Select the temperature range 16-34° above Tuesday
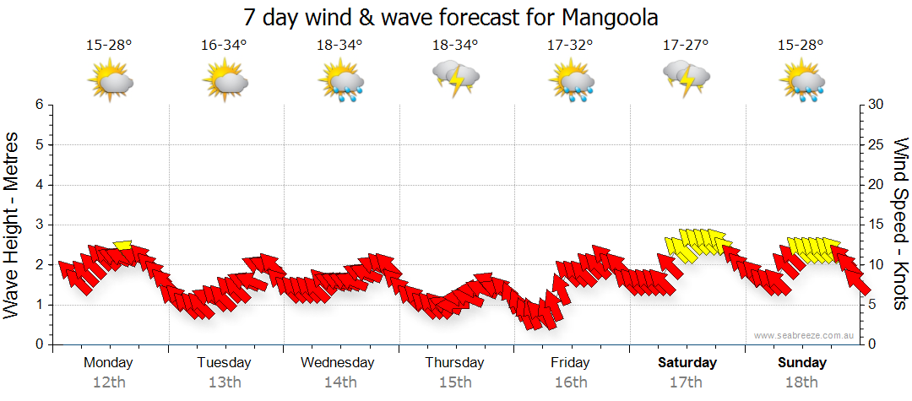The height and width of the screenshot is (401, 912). [x=224, y=46]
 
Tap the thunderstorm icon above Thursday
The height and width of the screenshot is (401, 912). [x=456, y=78]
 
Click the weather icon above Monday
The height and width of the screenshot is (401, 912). [x=111, y=81]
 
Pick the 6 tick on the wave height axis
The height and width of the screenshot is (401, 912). [x=39, y=105]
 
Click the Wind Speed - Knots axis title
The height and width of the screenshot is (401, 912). [x=900, y=224]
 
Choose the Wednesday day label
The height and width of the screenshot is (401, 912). [x=338, y=363]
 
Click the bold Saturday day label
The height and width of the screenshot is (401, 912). [x=687, y=363]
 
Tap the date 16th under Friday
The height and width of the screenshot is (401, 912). [x=571, y=382]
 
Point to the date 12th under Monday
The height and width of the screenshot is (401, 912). [x=109, y=382]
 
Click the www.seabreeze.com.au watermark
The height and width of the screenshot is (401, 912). [x=805, y=336]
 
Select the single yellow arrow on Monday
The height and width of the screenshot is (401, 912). [x=123, y=246]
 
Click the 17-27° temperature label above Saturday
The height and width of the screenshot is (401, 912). [x=686, y=46]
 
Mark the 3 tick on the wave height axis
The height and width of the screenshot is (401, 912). [x=39, y=225]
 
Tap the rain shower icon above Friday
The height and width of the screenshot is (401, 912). [x=572, y=81]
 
